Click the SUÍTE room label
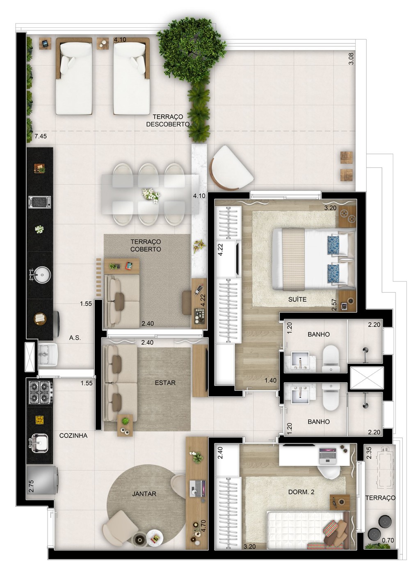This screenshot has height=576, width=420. tap(297, 299)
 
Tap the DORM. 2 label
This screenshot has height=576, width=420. tap(301, 492)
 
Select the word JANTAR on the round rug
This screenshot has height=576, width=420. tap(144, 494)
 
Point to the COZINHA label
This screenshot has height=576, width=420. tap(73, 435)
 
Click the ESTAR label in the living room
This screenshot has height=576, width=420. tap(165, 383)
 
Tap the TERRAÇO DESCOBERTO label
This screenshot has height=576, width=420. tap(168, 120)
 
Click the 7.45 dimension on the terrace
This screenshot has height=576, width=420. tap(41, 136)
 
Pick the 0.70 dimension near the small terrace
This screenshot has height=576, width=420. tap(388, 540)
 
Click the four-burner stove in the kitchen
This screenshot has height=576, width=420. tap(40, 392)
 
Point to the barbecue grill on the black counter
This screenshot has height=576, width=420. tap(40, 201)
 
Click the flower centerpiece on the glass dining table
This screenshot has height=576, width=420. tap(151, 195)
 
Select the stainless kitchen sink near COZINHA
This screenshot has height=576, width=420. tap(39, 443)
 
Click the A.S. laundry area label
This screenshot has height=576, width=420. tap(75, 338)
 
